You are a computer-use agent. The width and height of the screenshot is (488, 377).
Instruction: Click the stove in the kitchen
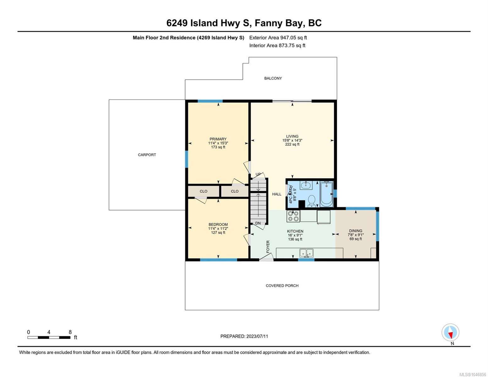[x=293, y=216]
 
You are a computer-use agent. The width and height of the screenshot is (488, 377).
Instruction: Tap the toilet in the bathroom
[x=311, y=200]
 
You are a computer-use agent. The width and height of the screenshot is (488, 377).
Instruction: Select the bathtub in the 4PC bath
[x=326, y=194]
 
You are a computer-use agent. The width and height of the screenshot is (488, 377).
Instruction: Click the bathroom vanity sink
[x=306, y=185]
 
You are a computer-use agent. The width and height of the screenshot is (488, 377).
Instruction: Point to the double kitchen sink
[x=306, y=253]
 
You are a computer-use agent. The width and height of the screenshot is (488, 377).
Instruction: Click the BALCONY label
[x=273, y=78]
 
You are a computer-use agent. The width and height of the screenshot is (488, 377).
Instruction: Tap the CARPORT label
[x=147, y=155]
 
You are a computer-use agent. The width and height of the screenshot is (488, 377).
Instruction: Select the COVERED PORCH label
[x=282, y=286]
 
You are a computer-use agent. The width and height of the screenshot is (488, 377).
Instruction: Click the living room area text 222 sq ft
[x=292, y=145]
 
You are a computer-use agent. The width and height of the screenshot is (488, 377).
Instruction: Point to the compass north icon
[x=450, y=332]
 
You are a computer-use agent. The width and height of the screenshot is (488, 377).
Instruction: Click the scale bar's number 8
[x=70, y=332]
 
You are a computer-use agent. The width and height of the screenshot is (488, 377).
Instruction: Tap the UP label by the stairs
[x=258, y=174]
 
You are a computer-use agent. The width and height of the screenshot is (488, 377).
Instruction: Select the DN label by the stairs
[x=258, y=223]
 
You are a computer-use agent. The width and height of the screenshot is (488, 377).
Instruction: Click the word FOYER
[x=268, y=247]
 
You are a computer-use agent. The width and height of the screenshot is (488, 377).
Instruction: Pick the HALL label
[x=277, y=194]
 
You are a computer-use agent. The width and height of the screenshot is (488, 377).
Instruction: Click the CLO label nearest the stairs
[x=235, y=191]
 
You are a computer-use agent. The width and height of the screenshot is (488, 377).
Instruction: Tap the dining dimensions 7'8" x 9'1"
[x=355, y=235]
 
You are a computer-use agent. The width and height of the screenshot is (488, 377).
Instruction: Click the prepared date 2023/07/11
[x=257, y=336]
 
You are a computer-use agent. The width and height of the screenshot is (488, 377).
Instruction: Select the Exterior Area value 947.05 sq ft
[x=293, y=38]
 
